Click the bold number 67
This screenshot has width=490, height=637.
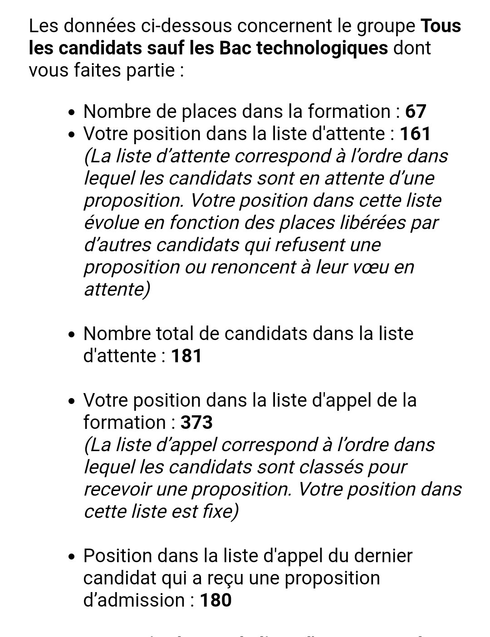[415, 112]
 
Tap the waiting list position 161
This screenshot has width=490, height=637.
[415, 134]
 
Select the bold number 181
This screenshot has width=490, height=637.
[186, 356]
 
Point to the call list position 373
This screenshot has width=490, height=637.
[196, 423]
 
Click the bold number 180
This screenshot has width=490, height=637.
[216, 600]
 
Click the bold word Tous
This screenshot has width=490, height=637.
[441, 26]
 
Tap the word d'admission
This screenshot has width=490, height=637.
[134, 600]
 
